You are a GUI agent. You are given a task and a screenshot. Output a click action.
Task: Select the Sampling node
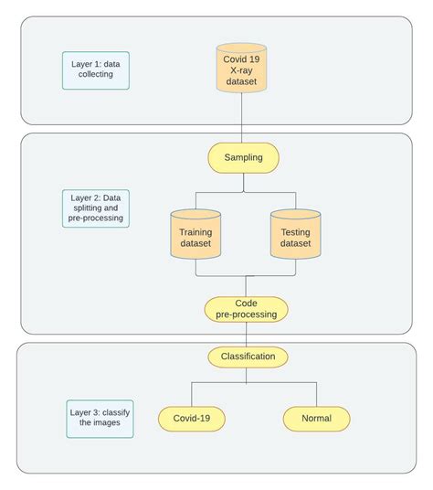pyautogui.click(x=243, y=157)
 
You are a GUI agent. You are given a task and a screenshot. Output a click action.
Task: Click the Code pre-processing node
pyautogui.click(x=246, y=309)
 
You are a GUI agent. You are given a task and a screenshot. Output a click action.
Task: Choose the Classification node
pyautogui.click(x=248, y=357)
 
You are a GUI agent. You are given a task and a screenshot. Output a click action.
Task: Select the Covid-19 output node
pyautogui.click(x=191, y=419)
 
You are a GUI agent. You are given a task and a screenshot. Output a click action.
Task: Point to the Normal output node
pyautogui.click(x=316, y=419)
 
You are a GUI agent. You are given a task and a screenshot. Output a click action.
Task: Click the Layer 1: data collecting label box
pyautogui.click(x=95, y=69)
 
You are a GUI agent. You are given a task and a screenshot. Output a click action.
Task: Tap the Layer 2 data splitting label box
pyautogui.click(x=96, y=208)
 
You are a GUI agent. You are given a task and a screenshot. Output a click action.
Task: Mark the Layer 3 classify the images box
pyautogui.click(x=100, y=419)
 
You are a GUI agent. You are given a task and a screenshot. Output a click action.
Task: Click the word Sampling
pyautogui.click(x=243, y=157)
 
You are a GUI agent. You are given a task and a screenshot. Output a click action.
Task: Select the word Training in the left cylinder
pyautogui.click(x=195, y=231)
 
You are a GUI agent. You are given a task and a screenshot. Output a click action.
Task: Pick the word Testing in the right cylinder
pyautogui.click(x=295, y=231)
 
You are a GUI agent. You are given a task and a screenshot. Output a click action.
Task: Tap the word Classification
pyautogui.click(x=248, y=357)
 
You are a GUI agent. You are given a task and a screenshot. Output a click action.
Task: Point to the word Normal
pyautogui.click(x=316, y=419)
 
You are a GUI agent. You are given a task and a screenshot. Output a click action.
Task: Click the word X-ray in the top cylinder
pyautogui.click(x=241, y=70)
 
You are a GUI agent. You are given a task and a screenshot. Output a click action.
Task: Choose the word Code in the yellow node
pyautogui.click(x=247, y=303)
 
